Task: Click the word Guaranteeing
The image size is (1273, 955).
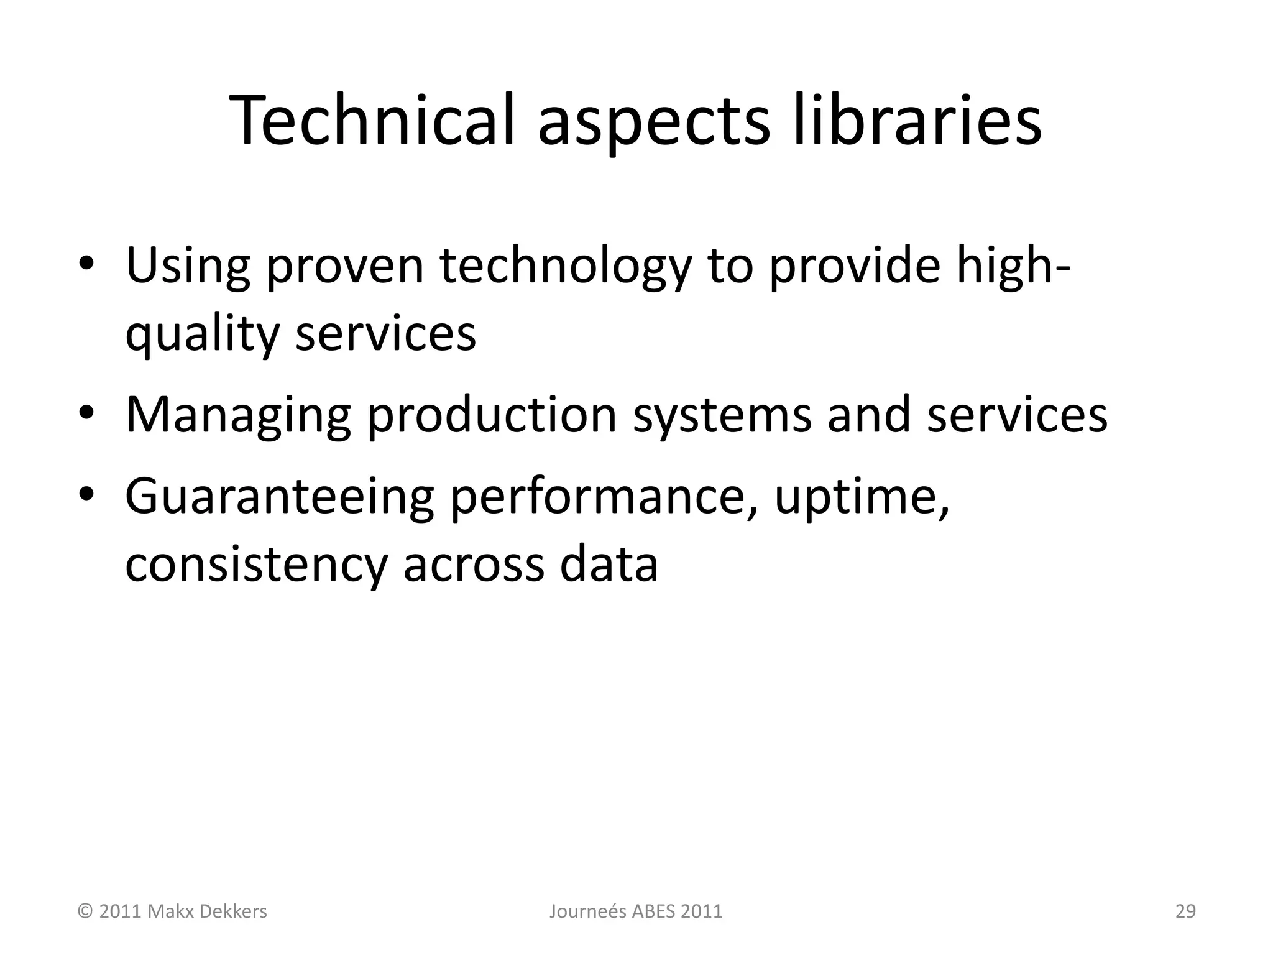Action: coord(279,497)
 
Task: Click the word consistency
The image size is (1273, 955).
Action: coord(256,566)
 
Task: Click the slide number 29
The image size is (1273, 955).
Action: coord(1185,912)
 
